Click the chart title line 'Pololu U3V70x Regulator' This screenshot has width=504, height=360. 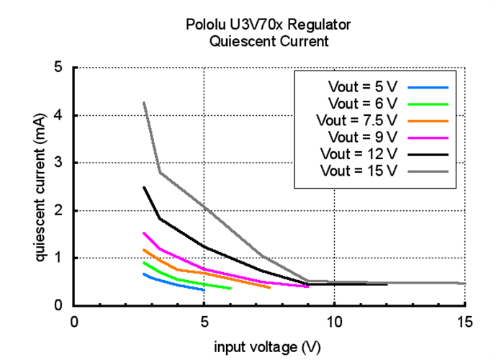pyautogui.click(x=269, y=25)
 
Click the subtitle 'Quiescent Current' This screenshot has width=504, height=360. pyautogui.click(x=269, y=41)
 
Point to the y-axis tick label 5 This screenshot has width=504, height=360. pyautogui.click(x=59, y=68)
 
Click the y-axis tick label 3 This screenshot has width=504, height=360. pyautogui.click(x=59, y=163)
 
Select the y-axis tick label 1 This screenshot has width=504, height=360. pyautogui.click(x=59, y=258)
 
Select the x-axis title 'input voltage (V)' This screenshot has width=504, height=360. pyautogui.click(x=269, y=348)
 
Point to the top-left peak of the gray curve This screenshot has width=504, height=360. pyautogui.click(x=145, y=102)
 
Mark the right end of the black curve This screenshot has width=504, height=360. pyautogui.click(x=387, y=284)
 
